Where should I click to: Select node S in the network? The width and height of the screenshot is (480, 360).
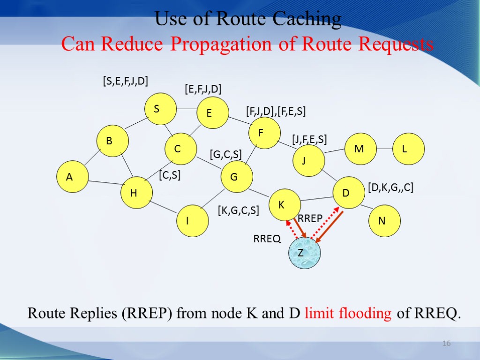tap(160, 109)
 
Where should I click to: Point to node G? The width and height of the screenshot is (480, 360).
tap(237, 177)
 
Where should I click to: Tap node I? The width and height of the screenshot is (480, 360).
tap(192, 220)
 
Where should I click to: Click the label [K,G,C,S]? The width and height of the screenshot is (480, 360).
tap(238, 210)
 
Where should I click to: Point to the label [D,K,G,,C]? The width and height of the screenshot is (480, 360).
tap(390, 188)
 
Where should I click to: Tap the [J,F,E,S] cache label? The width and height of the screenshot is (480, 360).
tap(309, 139)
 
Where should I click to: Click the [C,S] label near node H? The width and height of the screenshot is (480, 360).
tap(170, 175)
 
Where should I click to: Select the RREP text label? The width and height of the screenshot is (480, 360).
tap(310, 218)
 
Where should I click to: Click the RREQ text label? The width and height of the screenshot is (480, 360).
tap(267, 239)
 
